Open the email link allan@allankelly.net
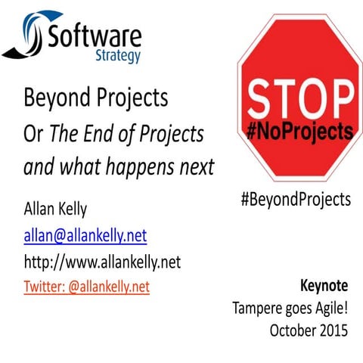tap(85, 237)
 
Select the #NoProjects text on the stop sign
tap(300, 132)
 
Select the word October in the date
tap(293, 330)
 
